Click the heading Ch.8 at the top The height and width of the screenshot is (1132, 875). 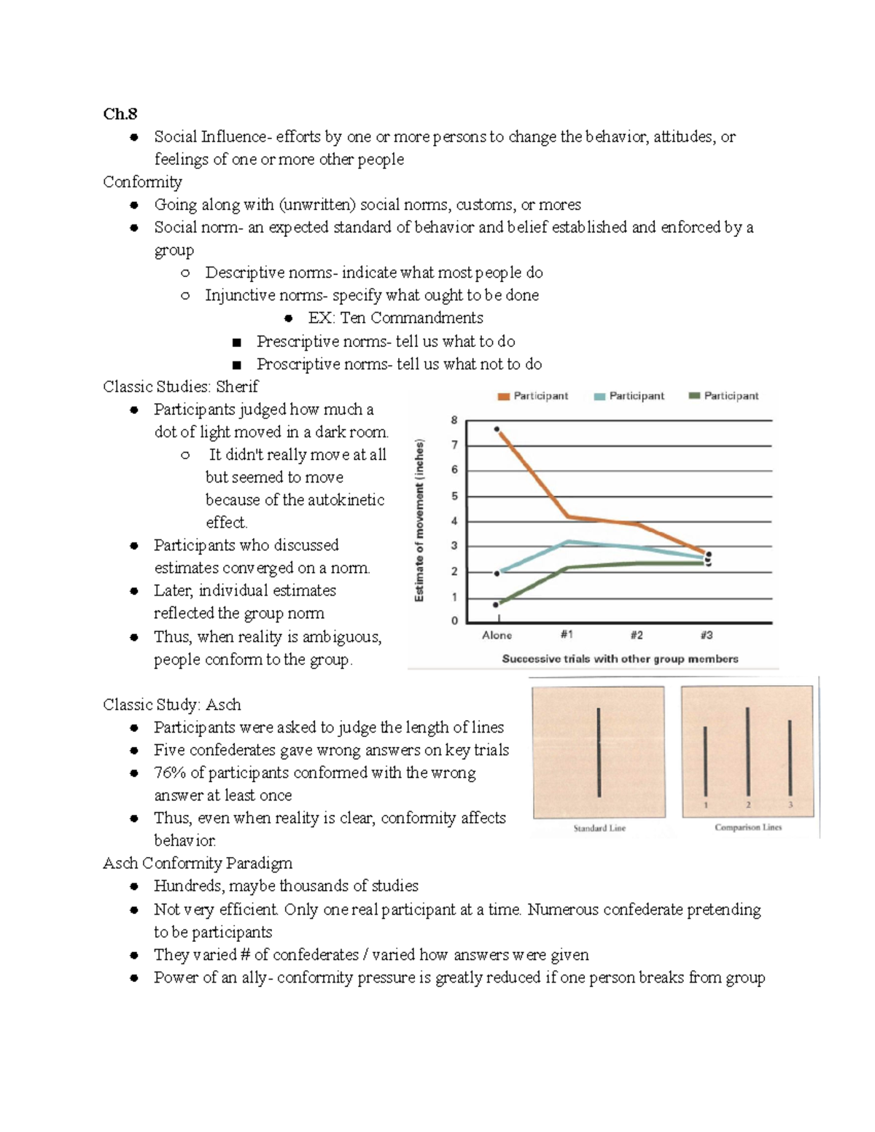pyautogui.click(x=120, y=114)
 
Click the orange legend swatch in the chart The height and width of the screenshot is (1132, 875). pyautogui.click(x=503, y=397)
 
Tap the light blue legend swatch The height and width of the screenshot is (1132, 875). pyautogui.click(x=599, y=397)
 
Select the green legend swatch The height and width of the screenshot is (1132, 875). pyautogui.click(x=694, y=396)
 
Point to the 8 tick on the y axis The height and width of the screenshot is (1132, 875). pyautogui.click(x=454, y=420)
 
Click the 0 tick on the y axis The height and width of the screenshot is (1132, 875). pyautogui.click(x=454, y=621)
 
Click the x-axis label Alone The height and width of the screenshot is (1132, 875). pyautogui.click(x=497, y=636)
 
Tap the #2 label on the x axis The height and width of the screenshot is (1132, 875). pyautogui.click(x=637, y=635)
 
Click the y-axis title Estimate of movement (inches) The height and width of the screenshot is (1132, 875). pyautogui.click(x=419, y=520)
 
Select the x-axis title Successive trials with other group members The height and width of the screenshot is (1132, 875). pyautogui.click(x=620, y=659)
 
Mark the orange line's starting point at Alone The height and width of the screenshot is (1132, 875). pyautogui.click(x=497, y=429)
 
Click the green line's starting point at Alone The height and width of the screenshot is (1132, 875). pyautogui.click(x=496, y=604)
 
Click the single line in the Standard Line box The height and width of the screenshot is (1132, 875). pyautogui.click(x=599, y=753)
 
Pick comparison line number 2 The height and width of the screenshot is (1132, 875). pyautogui.click(x=748, y=752)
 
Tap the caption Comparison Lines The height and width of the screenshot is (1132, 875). pyautogui.click(x=748, y=827)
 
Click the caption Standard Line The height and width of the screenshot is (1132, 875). pyautogui.click(x=599, y=828)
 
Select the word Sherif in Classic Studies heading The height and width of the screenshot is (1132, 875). pyautogui.click(x=237, y=387)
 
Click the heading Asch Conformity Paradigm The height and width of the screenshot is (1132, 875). pyautogui.click(x=198, y=864)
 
